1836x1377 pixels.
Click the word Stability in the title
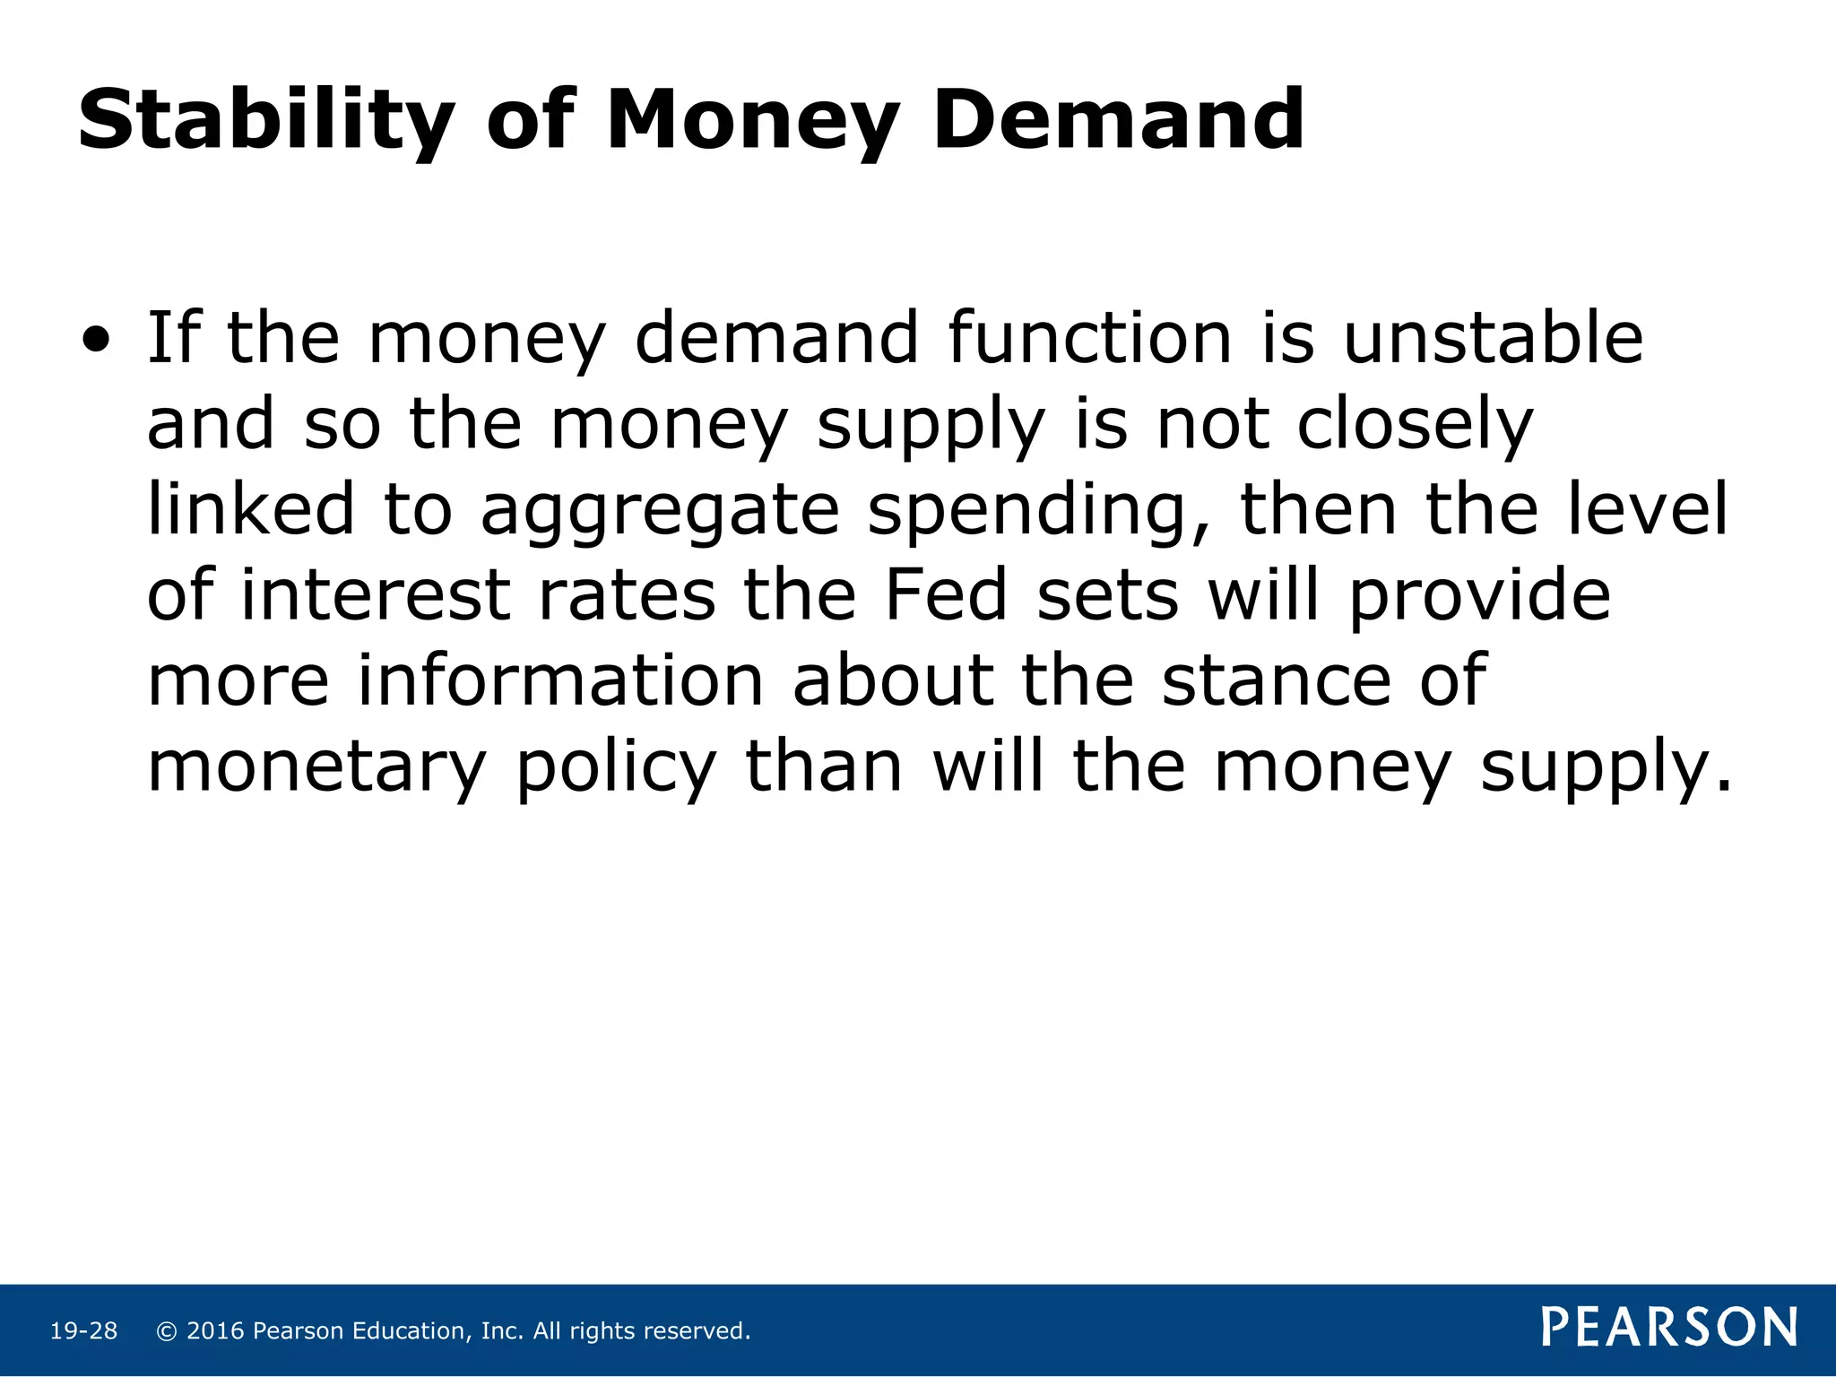[x=266, y=121]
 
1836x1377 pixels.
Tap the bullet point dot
[x=96, y=341]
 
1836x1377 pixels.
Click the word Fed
[x=946, y=595]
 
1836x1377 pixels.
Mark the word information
[x=560, y=680]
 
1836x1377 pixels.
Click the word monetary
[x=316, y=767]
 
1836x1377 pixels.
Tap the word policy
[x=617, y=767]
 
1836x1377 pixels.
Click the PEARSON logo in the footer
[x=1669, y=1328]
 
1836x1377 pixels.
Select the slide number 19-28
[x=83, y=1331]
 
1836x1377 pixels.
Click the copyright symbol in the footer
[x=166, y=1331]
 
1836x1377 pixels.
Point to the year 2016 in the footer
[x=215, y=1331]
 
